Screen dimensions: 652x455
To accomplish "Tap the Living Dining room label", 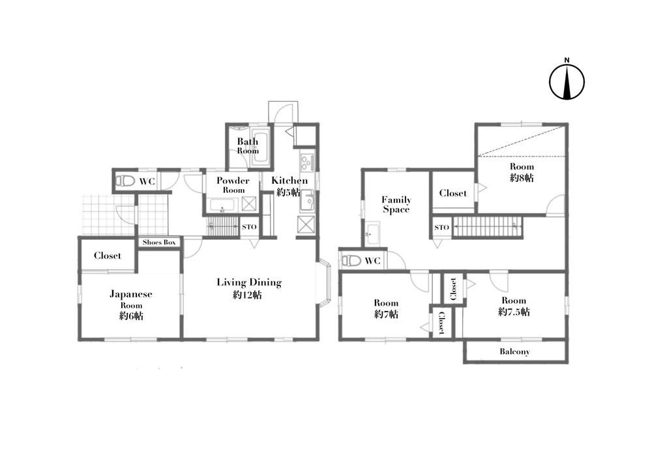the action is [249, 289].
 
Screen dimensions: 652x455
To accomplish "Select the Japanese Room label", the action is [131, 305].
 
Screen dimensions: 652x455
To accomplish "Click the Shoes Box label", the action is [159, 242].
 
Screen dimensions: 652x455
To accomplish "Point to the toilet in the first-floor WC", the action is [125, 181].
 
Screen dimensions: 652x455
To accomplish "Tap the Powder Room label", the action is [233, 185].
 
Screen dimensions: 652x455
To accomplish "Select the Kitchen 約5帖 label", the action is [289, 186].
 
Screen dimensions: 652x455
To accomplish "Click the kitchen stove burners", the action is [307, 162].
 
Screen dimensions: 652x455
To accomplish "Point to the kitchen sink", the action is [308, 201].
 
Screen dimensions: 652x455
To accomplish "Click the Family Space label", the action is [396, 204].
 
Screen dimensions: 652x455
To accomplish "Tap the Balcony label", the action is [515, 351].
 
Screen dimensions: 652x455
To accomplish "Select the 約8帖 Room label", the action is [522, 172].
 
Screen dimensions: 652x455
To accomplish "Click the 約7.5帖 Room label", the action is [514, 306].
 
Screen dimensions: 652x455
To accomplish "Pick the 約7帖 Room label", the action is [386, 308].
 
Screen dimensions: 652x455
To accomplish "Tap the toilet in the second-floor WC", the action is [351, 261].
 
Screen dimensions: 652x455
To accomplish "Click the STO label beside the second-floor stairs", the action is [441, 227].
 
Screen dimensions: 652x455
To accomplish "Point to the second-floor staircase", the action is [487, 227].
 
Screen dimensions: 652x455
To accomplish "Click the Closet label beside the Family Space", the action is [453, 193].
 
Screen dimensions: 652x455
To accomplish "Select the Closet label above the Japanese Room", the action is [108, 256].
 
